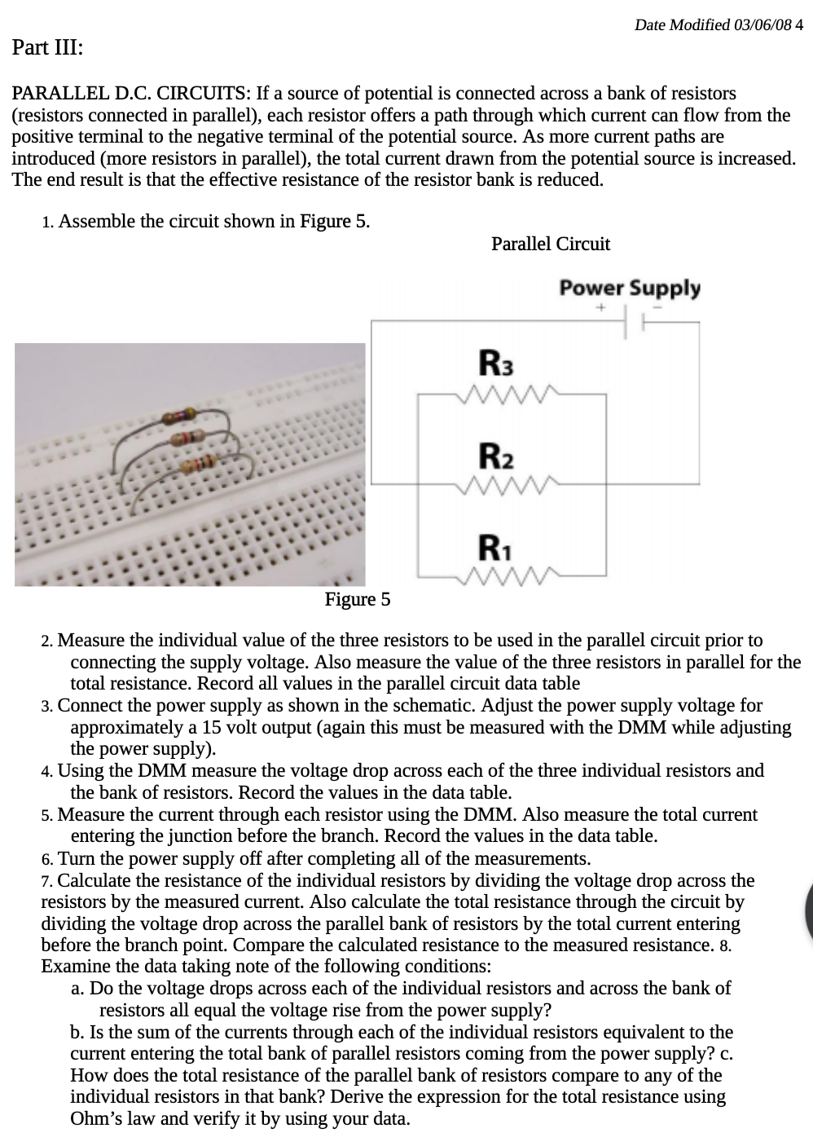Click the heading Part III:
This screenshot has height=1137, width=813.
(x=47, y=47)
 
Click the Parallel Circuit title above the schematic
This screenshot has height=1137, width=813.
(x=551, y=244)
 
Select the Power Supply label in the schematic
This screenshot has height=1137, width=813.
(x=629, y=288)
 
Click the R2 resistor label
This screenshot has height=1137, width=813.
(x=496, y=454)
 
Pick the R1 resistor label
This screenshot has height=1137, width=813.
(x=494, y=545)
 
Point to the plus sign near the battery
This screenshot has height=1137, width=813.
(x=599, y=308)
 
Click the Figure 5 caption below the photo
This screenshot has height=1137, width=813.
(x=358, y=600)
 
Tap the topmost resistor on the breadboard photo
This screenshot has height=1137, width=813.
(x=179, y=419)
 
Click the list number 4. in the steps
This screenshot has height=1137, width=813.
(x=47, y=771)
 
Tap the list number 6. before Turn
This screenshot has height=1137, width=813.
(x=47, y=859)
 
